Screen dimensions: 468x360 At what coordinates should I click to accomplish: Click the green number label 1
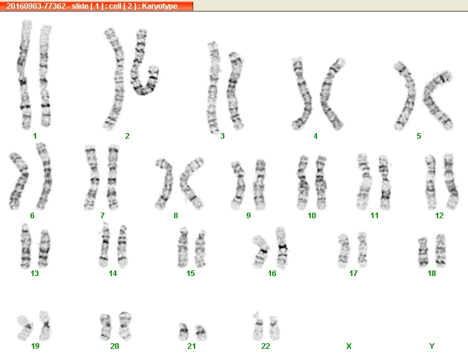(35, 136)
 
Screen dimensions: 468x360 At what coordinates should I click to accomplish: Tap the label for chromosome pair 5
(419, 136)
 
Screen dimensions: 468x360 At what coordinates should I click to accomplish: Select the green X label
(349, 346)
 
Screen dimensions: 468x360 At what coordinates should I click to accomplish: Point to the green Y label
(431, 346)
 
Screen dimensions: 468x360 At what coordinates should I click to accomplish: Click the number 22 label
(265, 346)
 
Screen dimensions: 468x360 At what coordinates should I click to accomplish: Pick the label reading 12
(439, 216)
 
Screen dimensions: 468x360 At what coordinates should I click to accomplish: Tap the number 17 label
(354, 273)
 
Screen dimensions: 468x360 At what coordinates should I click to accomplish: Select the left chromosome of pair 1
(24, 75)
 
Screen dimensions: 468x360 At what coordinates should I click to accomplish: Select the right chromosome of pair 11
(385, 182)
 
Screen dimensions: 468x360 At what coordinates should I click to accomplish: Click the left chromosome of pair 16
(261, 251)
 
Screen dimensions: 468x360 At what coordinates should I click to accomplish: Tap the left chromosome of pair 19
(25, 328)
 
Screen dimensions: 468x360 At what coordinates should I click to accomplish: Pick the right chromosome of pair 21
(201, 332)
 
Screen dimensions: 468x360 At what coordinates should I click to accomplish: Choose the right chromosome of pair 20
(125, 326)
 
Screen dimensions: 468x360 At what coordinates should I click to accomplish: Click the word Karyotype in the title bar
(160, 6)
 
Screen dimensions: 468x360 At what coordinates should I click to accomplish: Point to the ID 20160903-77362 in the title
(36, 6)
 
